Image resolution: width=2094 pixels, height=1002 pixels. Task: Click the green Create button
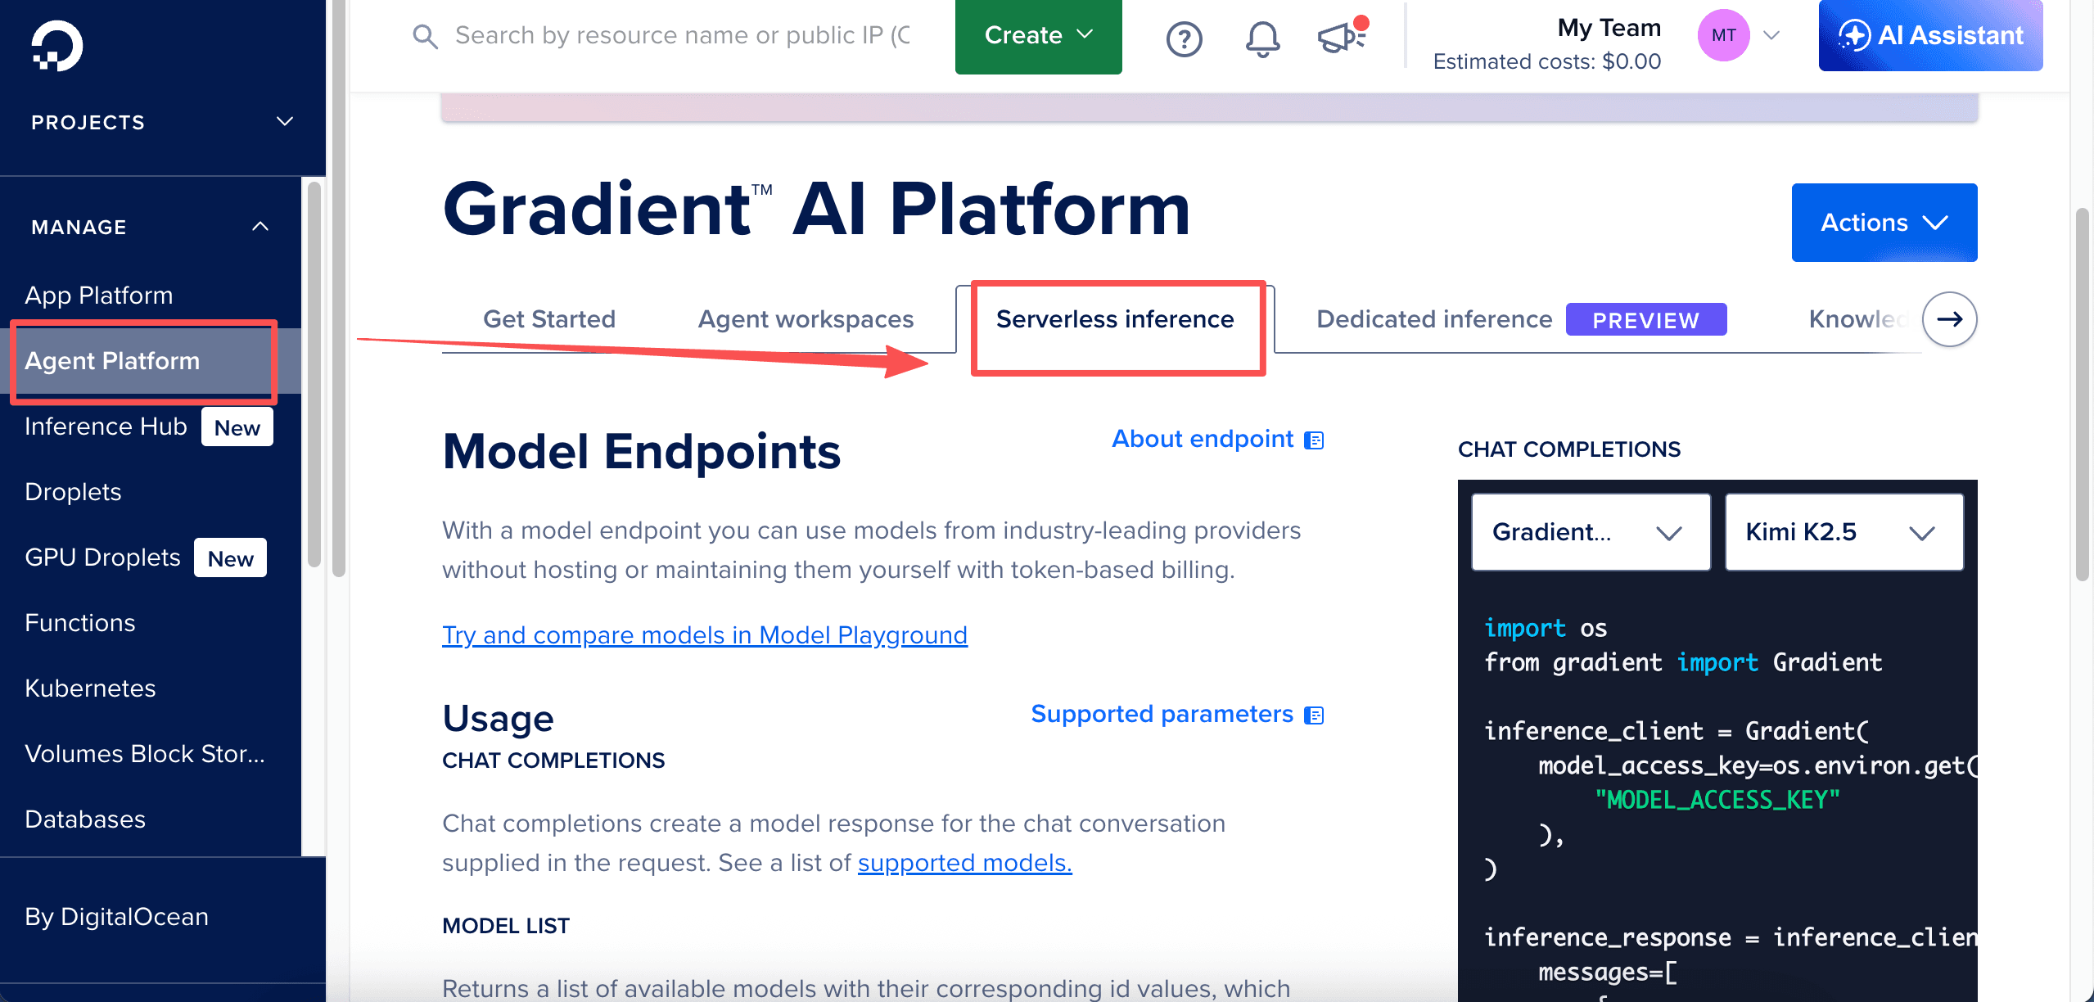point(1038,35)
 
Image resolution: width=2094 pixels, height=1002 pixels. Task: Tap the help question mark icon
point(1184,38)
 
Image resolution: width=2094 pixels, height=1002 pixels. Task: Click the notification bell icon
point(1262,38)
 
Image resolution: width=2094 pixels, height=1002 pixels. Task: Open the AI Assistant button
point(1930,35)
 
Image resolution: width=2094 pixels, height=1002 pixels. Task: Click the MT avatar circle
point(1723,35)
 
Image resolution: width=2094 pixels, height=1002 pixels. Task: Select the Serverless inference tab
point(1115,319)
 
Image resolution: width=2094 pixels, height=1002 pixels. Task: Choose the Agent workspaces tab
point(806,319)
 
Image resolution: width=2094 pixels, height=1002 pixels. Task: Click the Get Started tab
point(549,319)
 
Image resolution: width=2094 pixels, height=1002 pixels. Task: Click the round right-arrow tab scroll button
point(1949,319)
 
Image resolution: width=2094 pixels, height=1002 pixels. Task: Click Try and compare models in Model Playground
point(705,635)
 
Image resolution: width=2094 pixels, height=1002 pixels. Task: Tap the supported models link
point(964,863)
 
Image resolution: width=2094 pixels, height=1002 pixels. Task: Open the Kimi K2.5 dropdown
point(1844,532)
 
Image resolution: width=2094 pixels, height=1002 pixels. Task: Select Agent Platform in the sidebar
point(112,361)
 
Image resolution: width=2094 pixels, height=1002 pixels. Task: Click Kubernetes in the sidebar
point(90,688)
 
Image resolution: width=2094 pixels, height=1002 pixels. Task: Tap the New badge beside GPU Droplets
point(230,558)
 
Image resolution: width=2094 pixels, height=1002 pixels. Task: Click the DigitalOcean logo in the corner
point(56,46)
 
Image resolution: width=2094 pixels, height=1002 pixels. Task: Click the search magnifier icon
point(425,36)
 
